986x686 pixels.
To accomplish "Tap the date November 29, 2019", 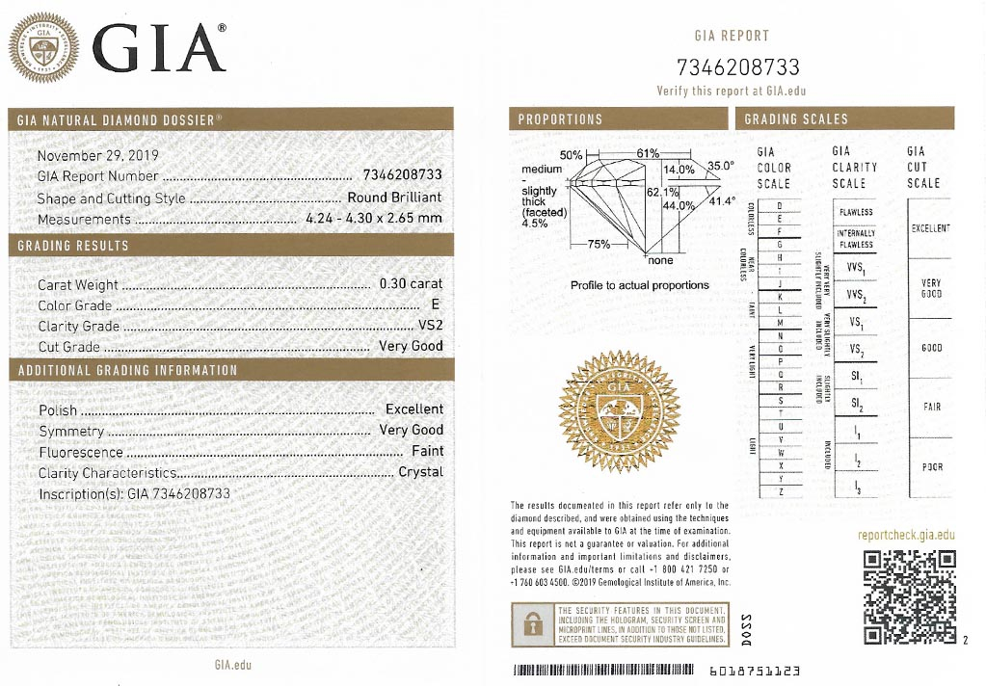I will coord(98,155).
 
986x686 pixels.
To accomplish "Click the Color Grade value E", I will coord(438,305).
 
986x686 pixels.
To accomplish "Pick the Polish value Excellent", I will coord(414,409).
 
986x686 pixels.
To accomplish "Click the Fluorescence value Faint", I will coord(427,451).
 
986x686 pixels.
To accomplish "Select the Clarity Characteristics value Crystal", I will coord(420,472).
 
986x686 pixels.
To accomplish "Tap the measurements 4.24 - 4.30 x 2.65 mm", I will coord(373,219).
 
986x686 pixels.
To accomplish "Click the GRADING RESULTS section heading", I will coord(73,246).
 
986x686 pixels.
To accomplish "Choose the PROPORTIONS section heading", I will coord(560,119).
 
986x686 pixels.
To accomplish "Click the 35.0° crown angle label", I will coord(721,166).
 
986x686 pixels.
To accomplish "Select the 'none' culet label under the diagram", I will coord(660,260).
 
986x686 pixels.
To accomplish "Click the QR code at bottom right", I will coord(909,597).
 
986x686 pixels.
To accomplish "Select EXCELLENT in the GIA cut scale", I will coord(930,228).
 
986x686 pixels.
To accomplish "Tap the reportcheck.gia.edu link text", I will coord(906,535).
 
